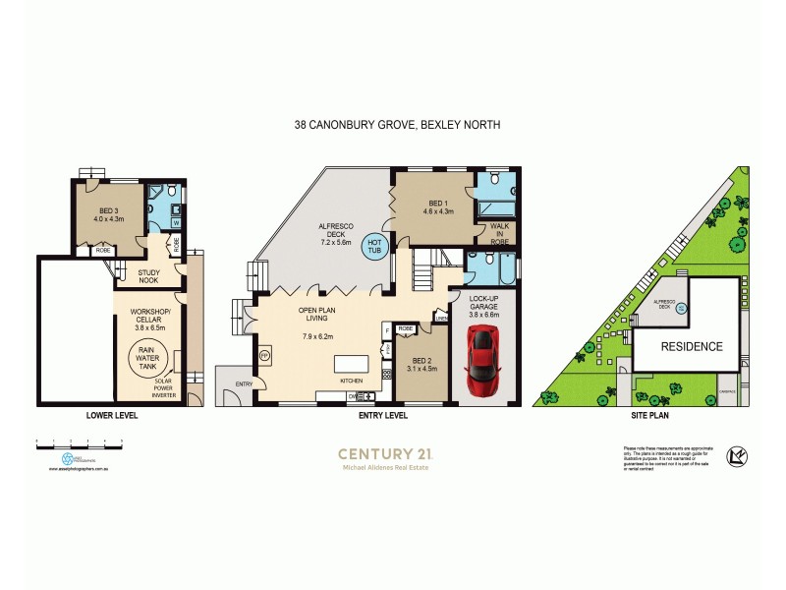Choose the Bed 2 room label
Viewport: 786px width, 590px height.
tap(421, 363)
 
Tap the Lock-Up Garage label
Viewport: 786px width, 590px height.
tap(484, 305)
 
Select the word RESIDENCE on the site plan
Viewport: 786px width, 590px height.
tap(691, 346)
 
